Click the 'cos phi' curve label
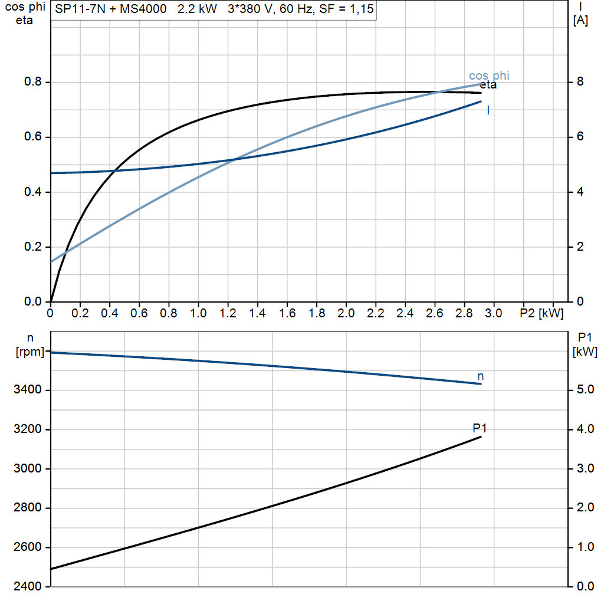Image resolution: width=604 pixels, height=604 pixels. pyautogui.click(x=489, y=76)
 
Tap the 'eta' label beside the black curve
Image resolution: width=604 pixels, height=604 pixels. pyautogui.click(x=488, y=85)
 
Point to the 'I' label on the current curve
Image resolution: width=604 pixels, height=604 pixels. pyautogui.click(x=488, y=110)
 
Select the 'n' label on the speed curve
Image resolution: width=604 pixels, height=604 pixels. pyautogui.click(x=480, y=376)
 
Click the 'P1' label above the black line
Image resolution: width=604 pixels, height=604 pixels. pyautogui.click(x=480, y=428)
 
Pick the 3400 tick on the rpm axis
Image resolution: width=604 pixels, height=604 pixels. pyautogui.click(x=27, y=390)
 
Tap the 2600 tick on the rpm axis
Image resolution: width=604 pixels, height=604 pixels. pyautogui.click(x=27, y=547)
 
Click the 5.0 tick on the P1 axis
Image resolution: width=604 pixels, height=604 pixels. pyautogui.click(x=585, y=390)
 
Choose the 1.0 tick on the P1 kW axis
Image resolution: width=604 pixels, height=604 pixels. pyautogui.click(x=585, y=547)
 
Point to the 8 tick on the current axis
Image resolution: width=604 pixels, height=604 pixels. pyautogui.click(x=580, y=82)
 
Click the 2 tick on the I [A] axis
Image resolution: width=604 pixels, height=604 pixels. pyautogui.click(x=580, y=247)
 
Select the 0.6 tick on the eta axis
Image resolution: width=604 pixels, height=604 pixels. pyautogui.click(x=33, y=137)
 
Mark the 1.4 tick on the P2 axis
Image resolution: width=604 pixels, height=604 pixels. pyautogui.click(x=257, y=313)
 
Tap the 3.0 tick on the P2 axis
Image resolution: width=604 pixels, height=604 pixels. pyautogui.click(x=494, y=313)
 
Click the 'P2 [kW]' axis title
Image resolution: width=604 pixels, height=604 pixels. pyautogui.click(x=541, y=314)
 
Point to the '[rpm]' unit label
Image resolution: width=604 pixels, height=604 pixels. pyautogui.click(x=30, y=352)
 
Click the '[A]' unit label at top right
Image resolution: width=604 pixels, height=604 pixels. pyautogui.click(x=580, y=21)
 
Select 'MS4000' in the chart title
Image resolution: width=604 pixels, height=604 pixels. pyautogui.click(x=143, y=9)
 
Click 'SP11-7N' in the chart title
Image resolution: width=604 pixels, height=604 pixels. pyautogui.click(x=80, y=9)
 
